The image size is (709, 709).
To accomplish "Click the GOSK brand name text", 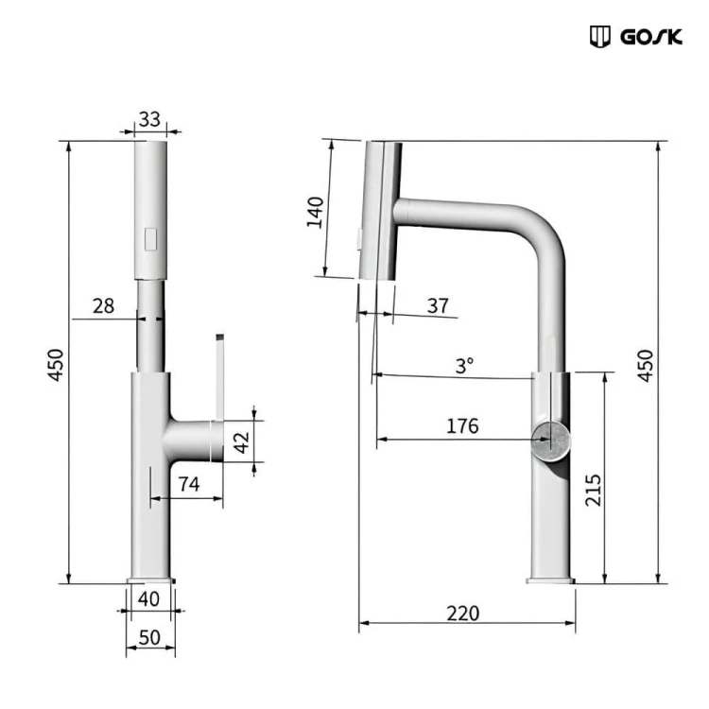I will coord(651,38).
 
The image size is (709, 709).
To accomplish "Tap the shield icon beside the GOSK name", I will coord(599,37).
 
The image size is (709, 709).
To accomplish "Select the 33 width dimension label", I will coord(149,120).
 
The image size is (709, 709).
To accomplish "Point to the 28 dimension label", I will coord(103,305).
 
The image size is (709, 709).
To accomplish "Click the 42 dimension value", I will coord(242,441).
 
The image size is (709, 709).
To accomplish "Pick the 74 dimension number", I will coord(188,484).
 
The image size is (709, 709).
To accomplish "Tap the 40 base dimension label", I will coord(149,598).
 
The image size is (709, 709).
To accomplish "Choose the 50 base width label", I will coord(149,637).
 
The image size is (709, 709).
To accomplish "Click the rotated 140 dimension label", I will coord(316,212).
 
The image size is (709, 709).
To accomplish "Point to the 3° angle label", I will coord(464,365).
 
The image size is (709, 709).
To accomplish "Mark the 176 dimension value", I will coord(462,425).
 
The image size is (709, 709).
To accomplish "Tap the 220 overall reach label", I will coord(462,613).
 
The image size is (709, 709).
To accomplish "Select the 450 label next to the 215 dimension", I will coord(645,364).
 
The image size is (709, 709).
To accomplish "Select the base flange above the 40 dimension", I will coord(150,579).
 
